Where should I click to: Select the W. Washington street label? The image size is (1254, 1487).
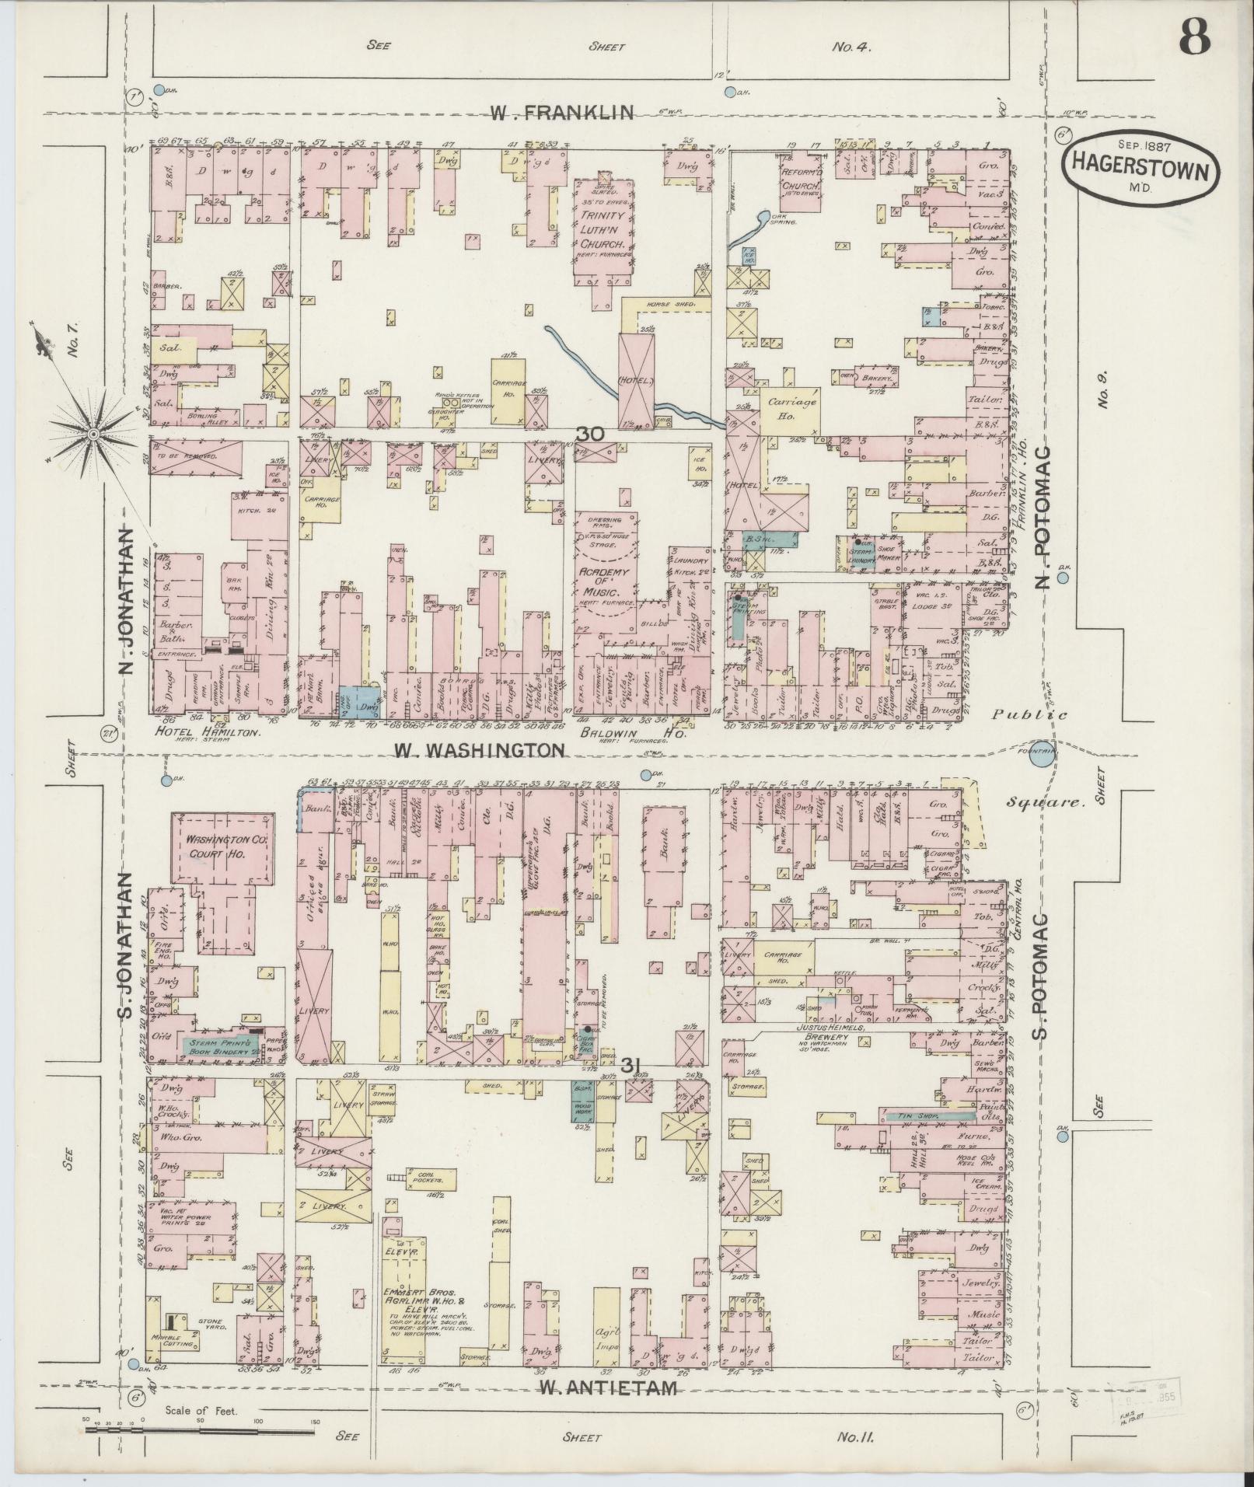(478, 750)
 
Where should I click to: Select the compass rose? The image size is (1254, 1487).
(93, 432)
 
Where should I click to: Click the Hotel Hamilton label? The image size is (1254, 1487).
(208, 731)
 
